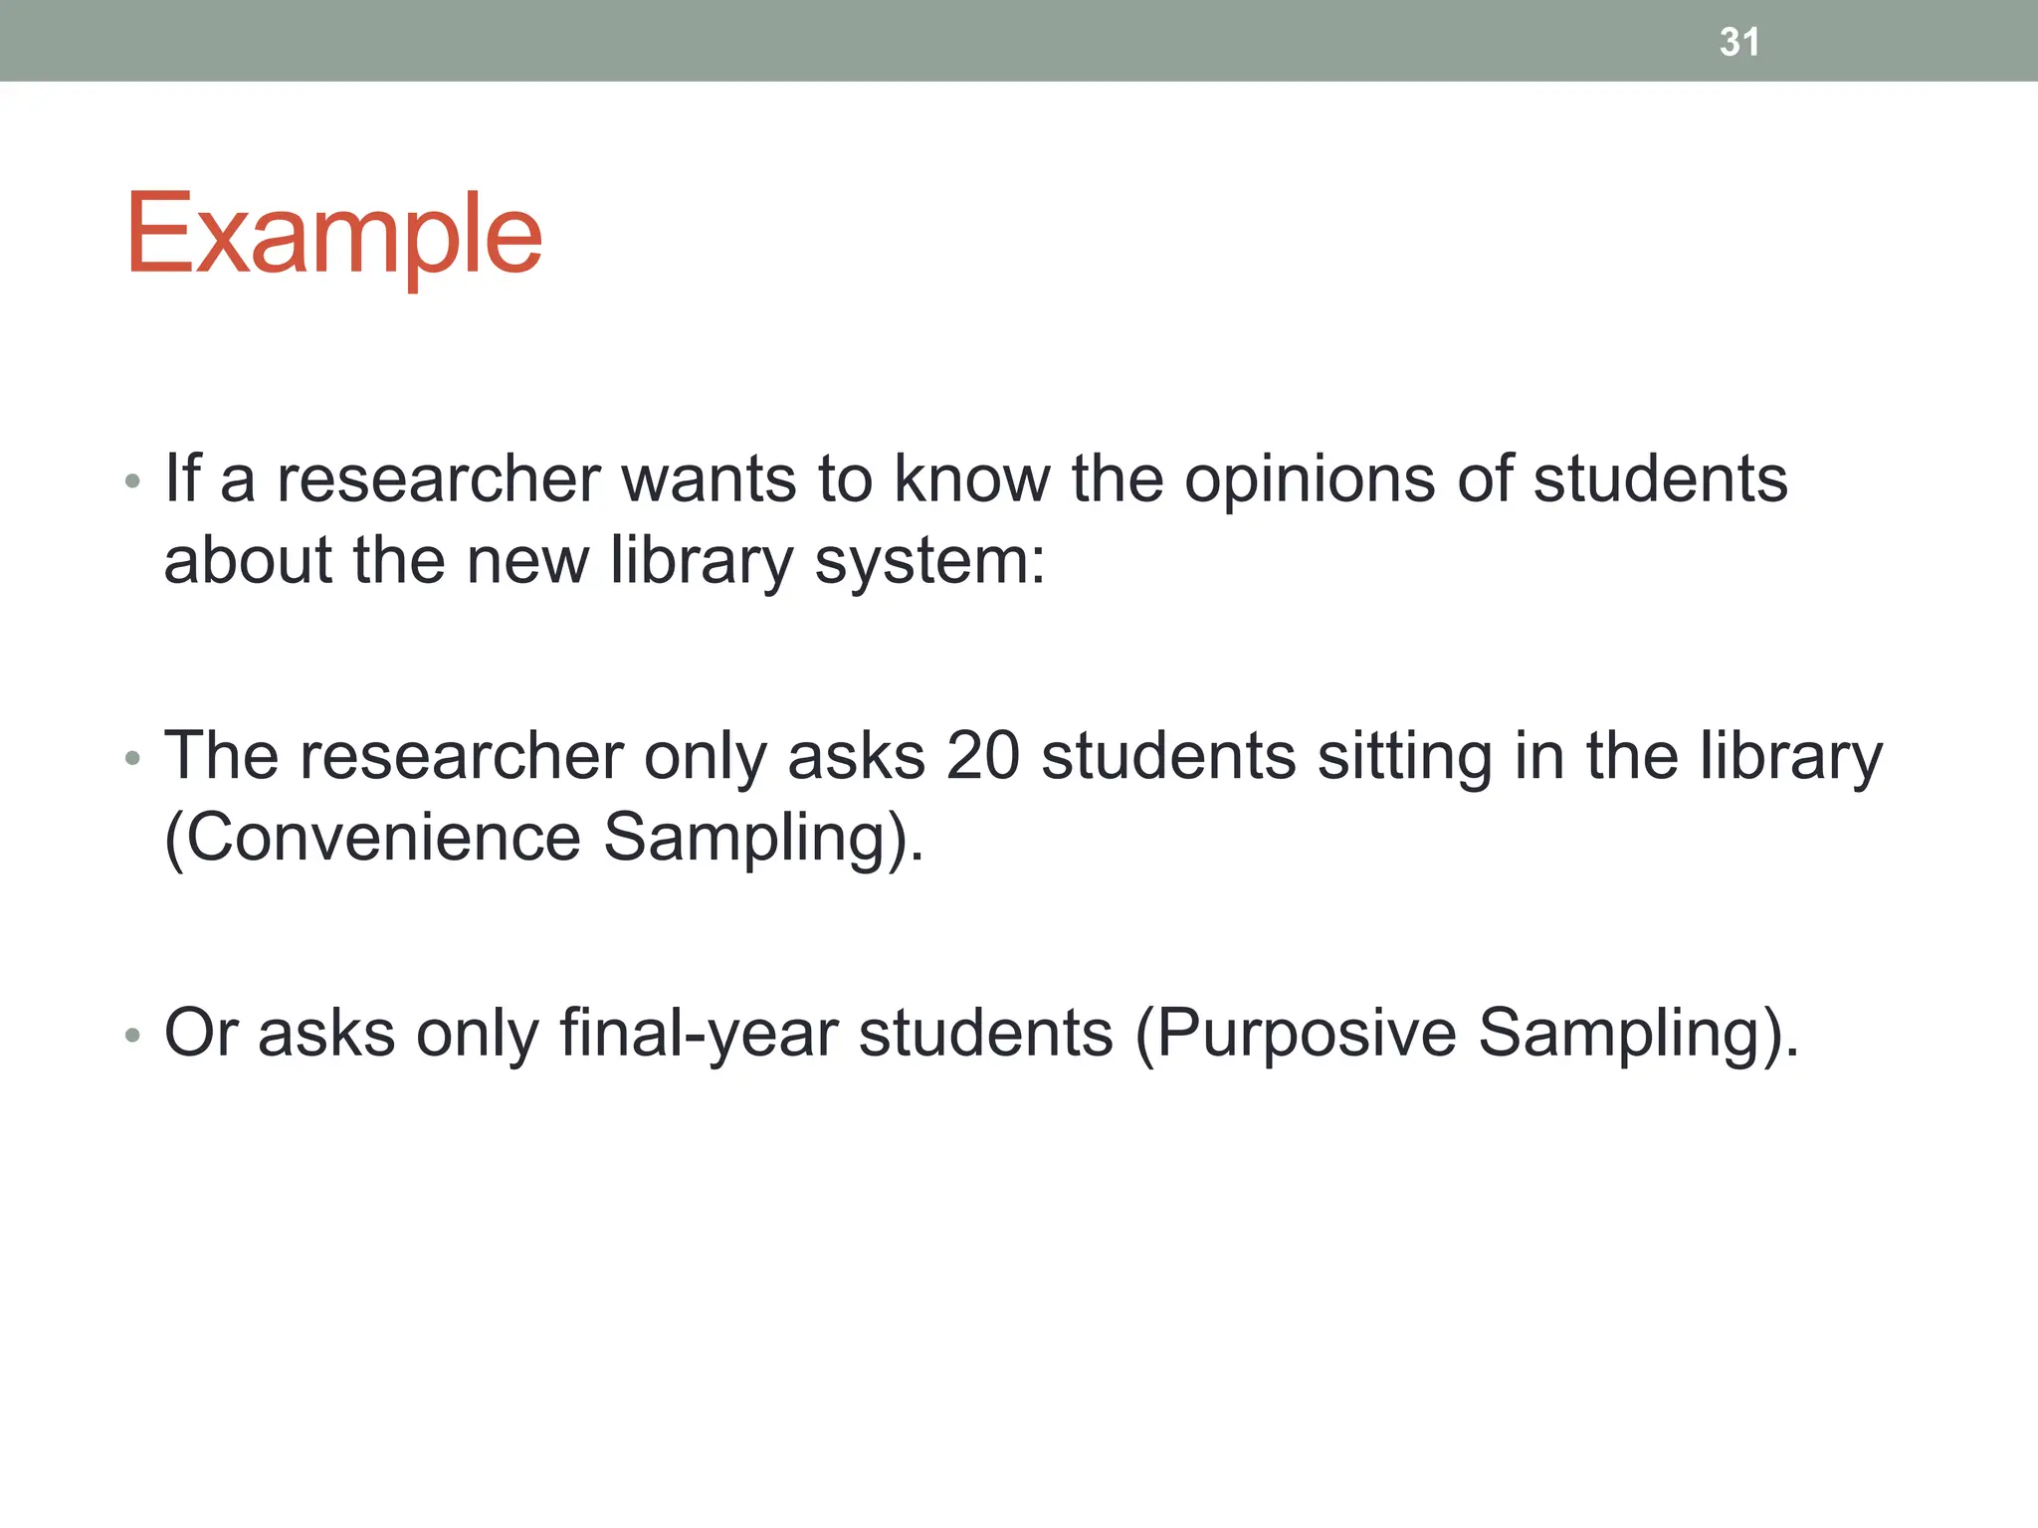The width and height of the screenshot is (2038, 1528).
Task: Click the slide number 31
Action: pos(1738,42)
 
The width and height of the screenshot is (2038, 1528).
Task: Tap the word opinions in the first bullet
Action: pos(1310,480)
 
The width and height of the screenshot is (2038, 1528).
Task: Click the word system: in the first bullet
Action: pos(929,563)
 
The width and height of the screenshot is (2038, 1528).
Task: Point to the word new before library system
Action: pos(527,561)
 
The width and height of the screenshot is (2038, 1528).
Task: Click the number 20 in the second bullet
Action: pos(982,756)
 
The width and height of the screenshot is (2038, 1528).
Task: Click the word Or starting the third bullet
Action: pos(200,1034)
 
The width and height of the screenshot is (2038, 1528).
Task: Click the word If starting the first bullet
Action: pos(182,478)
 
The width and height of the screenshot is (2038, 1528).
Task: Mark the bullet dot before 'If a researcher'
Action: pos(132,483)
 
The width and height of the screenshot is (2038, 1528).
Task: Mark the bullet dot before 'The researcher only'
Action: pos(132,760)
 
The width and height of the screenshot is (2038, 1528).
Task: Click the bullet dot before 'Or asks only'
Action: pos(132,1037)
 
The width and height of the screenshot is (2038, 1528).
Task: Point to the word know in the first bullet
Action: pos(971,479)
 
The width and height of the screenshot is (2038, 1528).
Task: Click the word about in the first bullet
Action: pos(248,561)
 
